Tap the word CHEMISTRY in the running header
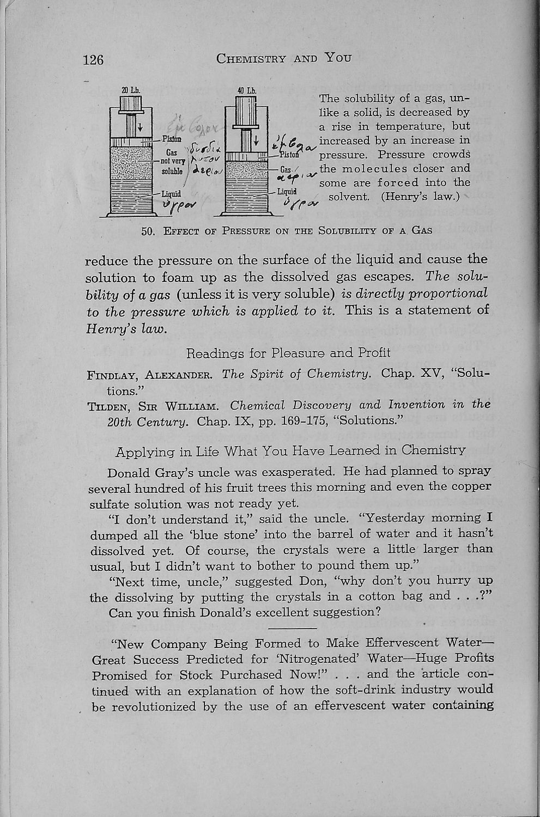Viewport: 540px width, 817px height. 251,58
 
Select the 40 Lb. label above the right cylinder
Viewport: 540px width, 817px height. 244,90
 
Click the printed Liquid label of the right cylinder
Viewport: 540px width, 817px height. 287,192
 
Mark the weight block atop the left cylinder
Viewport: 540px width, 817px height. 131,103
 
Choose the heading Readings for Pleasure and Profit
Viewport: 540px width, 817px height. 288,353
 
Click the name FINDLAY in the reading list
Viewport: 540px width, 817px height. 112,375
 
